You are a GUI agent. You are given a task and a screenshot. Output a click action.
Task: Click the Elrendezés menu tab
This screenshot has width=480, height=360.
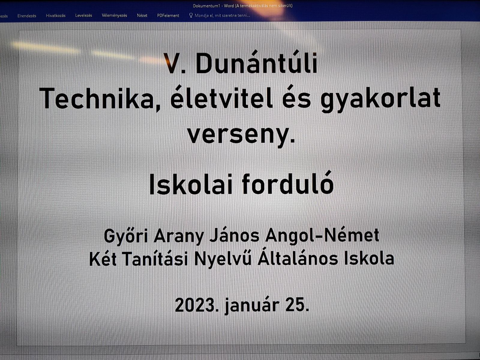(x=27, y=16)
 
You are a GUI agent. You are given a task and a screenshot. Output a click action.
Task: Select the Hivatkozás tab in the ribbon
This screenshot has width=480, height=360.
(x=55, y=16)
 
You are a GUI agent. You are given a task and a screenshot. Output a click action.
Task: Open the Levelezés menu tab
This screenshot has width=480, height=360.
(x=83, y=15)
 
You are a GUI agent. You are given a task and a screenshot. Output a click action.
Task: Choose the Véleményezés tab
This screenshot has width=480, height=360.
(x=114, y=16)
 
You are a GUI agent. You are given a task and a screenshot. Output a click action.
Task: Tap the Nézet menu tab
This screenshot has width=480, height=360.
(x=142, y=16)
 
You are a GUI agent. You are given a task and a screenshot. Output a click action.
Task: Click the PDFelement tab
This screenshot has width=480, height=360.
(x=168, y=16)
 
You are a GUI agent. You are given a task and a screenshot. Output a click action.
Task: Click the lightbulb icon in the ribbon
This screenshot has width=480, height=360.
(x=191, y=15)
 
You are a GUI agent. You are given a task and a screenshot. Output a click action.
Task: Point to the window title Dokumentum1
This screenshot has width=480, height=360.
(x=206, y=6)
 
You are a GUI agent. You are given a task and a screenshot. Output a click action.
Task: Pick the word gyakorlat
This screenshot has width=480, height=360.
(x=380, y=100)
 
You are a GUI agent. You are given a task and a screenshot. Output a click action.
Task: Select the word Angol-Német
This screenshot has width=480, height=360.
(x=322, y=235)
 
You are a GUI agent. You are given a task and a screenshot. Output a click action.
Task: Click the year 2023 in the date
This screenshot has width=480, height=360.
(x=196, y=305)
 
